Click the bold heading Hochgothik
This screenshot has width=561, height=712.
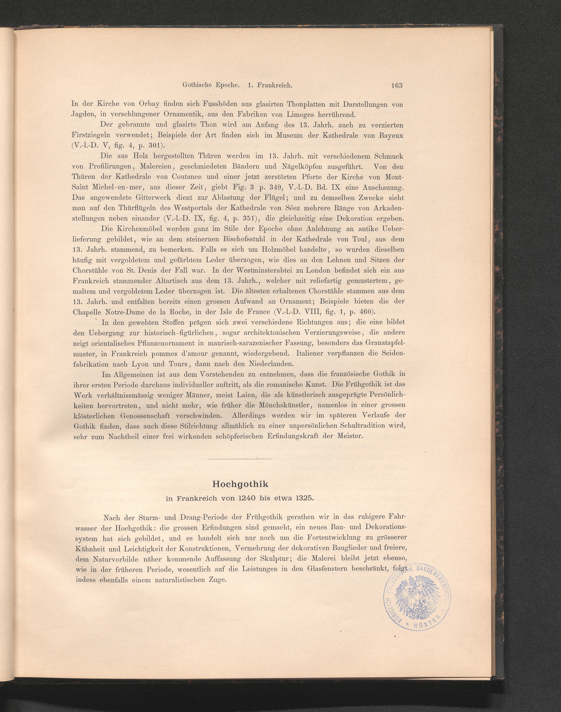pos(240,484)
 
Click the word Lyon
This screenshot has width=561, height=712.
pos(140,364)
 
